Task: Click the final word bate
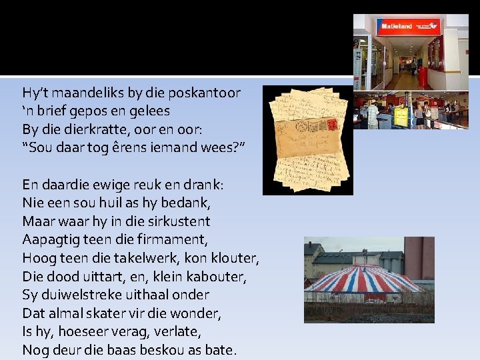coord(221,349)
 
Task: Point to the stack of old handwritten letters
coord(307,138)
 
